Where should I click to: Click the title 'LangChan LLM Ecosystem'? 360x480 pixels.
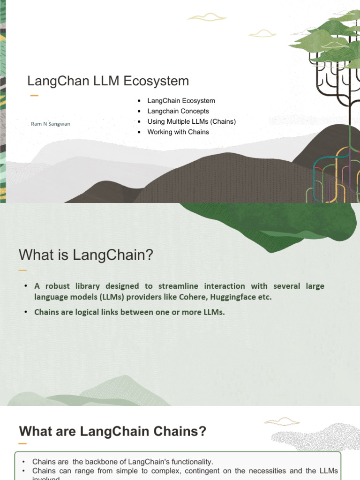tap(108, 81)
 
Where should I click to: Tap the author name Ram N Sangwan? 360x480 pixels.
tap(50, 124)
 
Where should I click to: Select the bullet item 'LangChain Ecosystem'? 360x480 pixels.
tap(181, 101)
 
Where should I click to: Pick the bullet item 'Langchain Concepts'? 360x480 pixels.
tap(178, 111)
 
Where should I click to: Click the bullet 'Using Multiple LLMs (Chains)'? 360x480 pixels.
tap(191, 121)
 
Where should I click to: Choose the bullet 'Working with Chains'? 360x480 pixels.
tap(178, 132)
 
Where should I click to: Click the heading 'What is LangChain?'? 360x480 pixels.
tap(86, 255)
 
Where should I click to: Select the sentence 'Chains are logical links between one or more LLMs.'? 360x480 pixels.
tap(129, 312)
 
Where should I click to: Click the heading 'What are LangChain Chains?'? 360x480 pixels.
tap(112, 431)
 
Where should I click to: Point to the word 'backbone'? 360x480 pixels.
tap(86, 462)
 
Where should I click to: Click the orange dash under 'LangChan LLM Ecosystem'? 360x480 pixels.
tap(34, 96)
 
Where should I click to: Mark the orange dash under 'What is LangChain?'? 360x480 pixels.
tap(22, 270)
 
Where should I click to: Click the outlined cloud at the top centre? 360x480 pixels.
tap(206, 17)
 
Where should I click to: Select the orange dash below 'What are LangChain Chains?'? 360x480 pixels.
tap(22, 443)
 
